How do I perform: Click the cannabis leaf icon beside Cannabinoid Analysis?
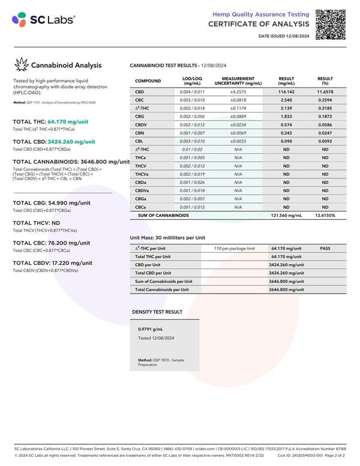(x=22, y=65)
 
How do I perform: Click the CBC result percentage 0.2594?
(x=325, y=100)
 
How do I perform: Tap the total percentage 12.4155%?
(x=325, y=214)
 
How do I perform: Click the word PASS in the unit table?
(x=325, y=248)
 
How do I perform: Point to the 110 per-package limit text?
(x=234, y=248)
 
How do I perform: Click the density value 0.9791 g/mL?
(x=151, y=329)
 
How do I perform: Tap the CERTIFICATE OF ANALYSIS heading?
(x=259, y=24)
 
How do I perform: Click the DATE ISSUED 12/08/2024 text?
(x=284, y=37)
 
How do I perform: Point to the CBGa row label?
(x=141, y=198)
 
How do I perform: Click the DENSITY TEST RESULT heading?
(x=157, y=312)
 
